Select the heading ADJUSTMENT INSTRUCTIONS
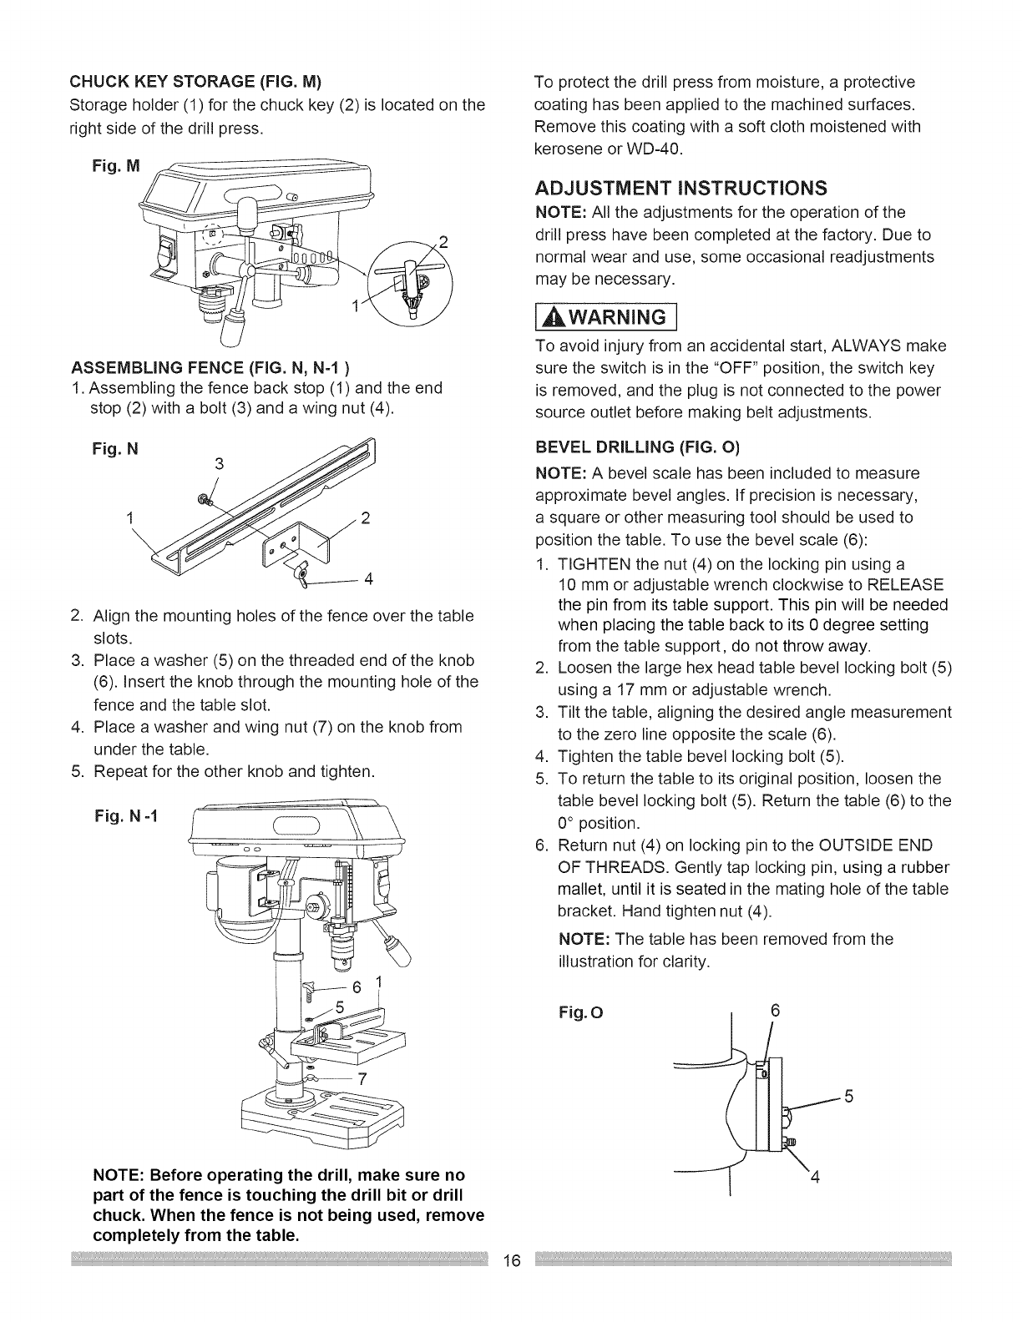[x=680, y=184]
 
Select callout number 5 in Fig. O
[x=847, y=1097]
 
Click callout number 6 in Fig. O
[x=774, y=1009]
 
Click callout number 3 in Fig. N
[x=219, y=465]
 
